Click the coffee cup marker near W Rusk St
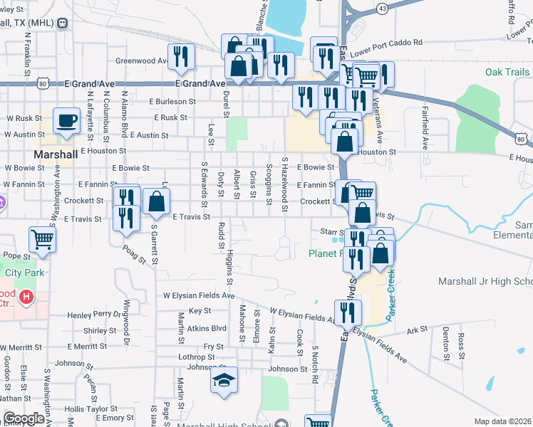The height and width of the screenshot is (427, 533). [67, 122]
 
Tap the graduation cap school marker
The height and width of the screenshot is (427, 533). [224, 379]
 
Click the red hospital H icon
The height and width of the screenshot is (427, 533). [26, 296]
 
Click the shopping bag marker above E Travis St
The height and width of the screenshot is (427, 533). [156, 201]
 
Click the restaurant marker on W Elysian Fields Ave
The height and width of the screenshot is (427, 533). [348, 312]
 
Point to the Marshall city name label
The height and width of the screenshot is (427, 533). [56, 154]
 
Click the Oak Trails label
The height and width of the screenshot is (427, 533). [507, 72]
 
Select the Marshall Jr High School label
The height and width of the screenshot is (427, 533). [485, 282]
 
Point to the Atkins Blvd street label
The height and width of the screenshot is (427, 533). [207, 329]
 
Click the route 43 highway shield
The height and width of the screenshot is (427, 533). [383, 8]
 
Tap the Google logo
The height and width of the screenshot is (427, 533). [23, 419]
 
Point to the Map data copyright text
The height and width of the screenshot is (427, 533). [503, 421]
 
